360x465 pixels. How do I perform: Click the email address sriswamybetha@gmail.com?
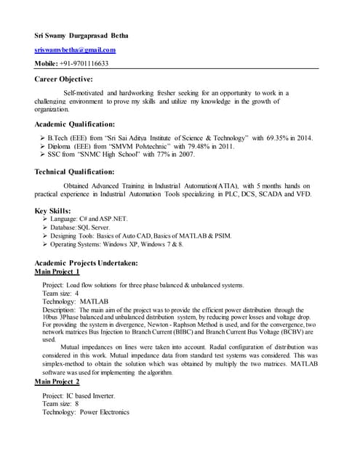(x=76, y=49)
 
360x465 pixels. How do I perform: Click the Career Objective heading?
(x=64, y=78)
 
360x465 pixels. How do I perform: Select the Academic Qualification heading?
(x=75, y=124)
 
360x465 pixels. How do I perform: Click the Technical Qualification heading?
(x=74, y=172)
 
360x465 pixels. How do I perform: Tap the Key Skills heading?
(x=53, y=211)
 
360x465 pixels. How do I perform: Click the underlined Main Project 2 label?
(x=57, y=381)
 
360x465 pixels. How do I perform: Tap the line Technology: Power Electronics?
(x=86, y=412)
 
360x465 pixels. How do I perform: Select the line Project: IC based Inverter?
(x=79, y=395)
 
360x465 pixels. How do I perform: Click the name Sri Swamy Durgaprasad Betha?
(x=90, y=34)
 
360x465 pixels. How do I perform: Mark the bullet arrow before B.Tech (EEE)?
(x=41, y=137)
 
